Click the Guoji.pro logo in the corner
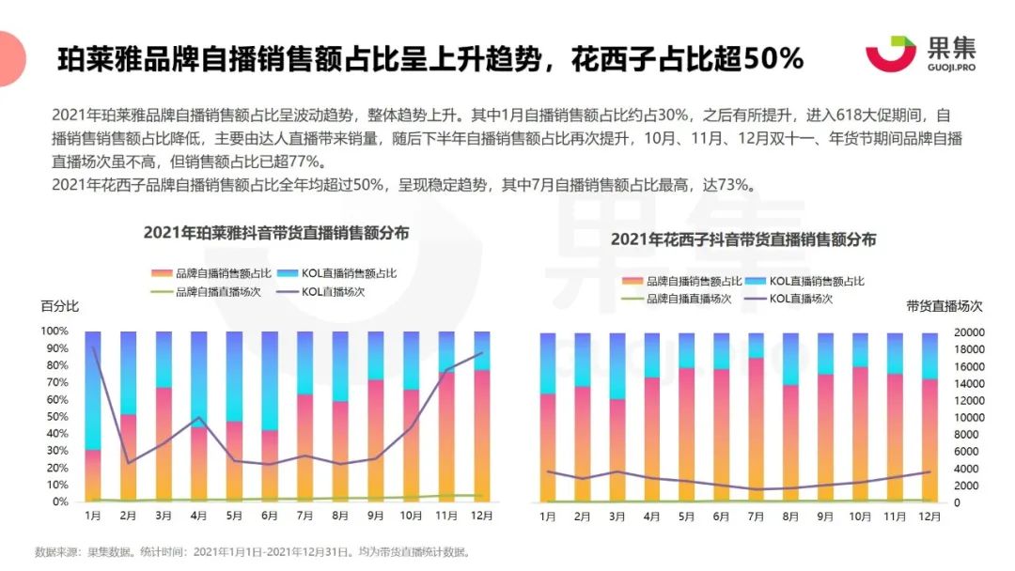coord(907,54)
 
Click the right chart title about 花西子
coord(743,239)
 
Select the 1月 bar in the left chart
coord(93,416)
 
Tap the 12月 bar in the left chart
coord(481,416)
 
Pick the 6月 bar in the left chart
coord(269,416)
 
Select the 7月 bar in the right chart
coord(756,417)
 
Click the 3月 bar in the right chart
coord(617,417)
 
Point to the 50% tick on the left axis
coord(54,416)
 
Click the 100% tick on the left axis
coord(54,332)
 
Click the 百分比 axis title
coord(59,306)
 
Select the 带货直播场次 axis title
coord(944,306)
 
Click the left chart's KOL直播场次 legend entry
coord(333,292)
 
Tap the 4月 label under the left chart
coord(198,516)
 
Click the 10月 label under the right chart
coord(860,517)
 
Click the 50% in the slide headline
coord(773,58)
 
